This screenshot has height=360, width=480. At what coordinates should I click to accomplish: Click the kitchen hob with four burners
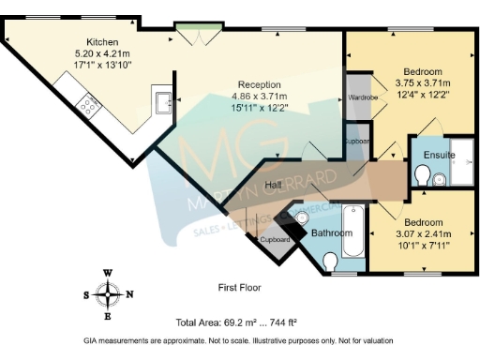pos(89,106)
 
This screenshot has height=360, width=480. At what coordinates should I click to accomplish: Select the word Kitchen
pos(102,42)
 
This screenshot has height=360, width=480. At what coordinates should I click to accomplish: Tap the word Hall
pos(273,185)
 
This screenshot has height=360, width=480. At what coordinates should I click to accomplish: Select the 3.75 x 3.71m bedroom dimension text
pos(423,83)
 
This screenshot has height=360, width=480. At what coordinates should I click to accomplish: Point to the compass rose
pos(109,293)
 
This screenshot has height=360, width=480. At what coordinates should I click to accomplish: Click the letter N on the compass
pos(130,293)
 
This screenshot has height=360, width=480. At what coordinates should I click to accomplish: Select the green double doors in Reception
pos(200,37)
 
